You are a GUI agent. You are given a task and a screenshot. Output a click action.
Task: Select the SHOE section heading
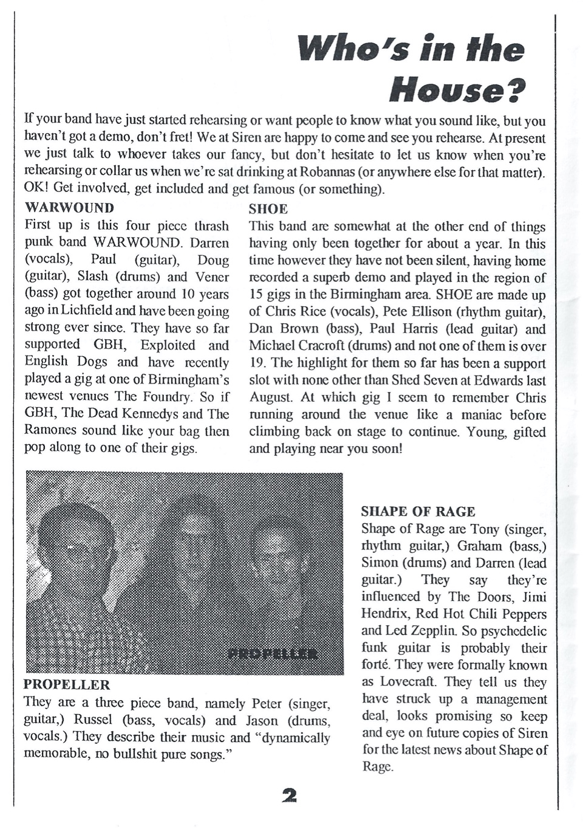pos(268,209)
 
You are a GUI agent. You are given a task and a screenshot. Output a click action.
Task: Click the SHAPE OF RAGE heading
pos(418,512)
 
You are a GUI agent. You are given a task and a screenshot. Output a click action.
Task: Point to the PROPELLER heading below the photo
pos(67,685)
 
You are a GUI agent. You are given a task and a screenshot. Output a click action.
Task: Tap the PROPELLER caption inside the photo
pos(273,654)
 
